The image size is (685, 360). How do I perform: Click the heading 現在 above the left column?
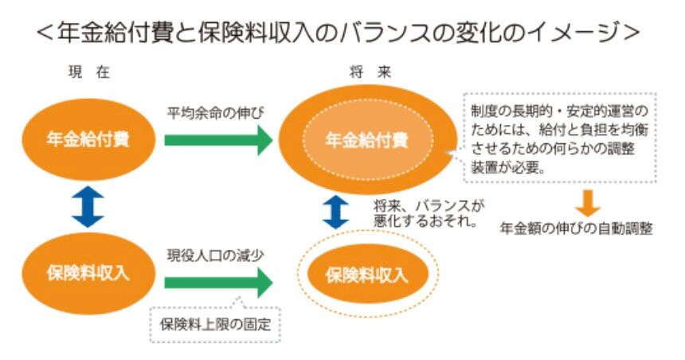point(88,72)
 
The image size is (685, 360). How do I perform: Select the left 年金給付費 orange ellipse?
point(88,141)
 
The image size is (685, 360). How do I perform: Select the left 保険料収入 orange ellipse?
point(88,273)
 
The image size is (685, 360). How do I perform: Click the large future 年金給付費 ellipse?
point(366,141)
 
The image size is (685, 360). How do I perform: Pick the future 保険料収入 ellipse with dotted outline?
point(366,276)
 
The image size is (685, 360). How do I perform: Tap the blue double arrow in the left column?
point(88,206)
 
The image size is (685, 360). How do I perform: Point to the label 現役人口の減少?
point(209,256)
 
